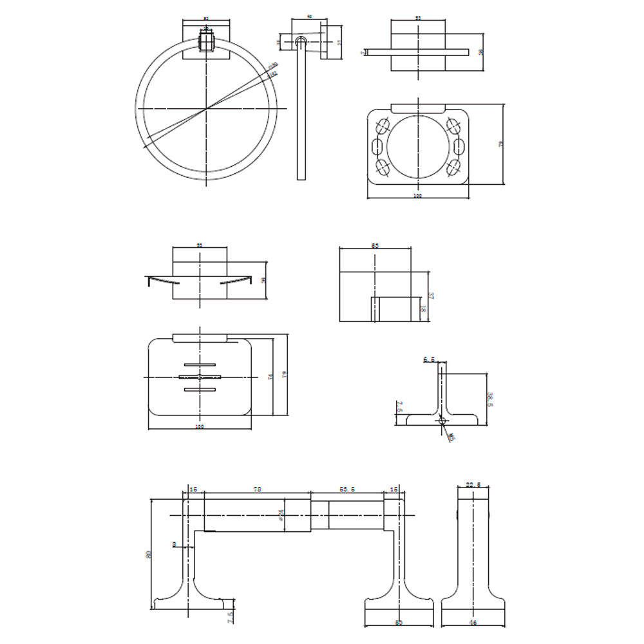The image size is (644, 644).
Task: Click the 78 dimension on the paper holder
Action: [257, 490]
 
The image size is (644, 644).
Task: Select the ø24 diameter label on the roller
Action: [282, 515]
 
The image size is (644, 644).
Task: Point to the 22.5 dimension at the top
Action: [473, 486]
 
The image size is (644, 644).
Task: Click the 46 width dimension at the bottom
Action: [473, 624]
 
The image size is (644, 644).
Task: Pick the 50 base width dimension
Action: [399, 624]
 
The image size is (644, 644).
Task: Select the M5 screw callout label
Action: [451, 437]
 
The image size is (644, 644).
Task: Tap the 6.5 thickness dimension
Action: [430, 361]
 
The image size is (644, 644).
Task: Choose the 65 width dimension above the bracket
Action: [375, 246]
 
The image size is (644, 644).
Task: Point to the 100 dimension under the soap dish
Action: [200, 426]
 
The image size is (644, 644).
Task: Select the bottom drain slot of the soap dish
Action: [200, 390]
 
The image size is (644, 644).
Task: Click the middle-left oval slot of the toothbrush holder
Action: [379, 145]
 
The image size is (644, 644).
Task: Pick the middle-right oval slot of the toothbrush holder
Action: [459, 145]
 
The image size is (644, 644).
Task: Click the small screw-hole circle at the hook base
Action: [442, 421]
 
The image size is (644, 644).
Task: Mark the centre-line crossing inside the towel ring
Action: [206, 109]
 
